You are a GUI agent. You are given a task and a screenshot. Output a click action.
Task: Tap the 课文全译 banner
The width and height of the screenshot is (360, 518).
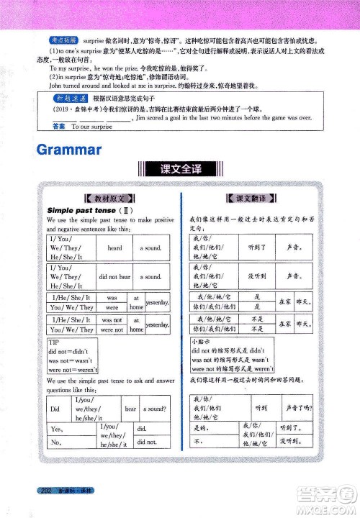coord(179,171)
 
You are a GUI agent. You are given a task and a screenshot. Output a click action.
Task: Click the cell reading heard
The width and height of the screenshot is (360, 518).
coord(114,247)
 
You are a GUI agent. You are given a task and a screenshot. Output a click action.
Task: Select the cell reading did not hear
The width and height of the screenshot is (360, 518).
coord(114,276)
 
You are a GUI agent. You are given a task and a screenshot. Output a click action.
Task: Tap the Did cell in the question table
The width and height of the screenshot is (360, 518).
coord(55,409)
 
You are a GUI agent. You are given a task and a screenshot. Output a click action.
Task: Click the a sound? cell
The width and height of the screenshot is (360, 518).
coord(155,409)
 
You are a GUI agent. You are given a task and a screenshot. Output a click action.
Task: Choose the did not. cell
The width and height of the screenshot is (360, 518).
coord(147,442)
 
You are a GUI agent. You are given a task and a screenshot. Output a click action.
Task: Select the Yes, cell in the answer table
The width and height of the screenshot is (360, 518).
coord(56,430)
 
